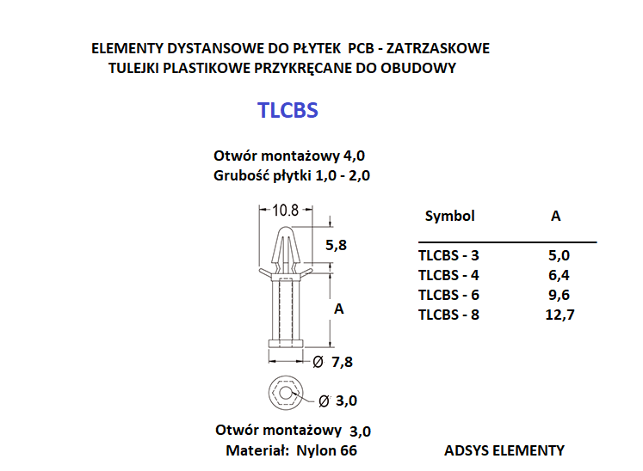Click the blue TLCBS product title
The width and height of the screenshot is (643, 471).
click(x=287, y=110)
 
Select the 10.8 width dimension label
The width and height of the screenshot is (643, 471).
click(x=286, y=211)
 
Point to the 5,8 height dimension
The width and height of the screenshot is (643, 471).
click(x=336, y=245)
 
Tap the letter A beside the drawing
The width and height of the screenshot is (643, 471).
click(x=339, y=309)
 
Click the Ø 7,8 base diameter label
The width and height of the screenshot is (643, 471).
click(x=332, y=362)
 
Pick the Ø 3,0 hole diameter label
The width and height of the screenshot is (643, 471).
click(x=338, y=401)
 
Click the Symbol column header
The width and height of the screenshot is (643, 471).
click(x=450, y=217)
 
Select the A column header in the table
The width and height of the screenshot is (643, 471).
click(x=556, y=216)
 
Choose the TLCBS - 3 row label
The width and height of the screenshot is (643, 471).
click(x=448, y=255)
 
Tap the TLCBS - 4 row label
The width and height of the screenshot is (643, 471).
click(x=448, y=275)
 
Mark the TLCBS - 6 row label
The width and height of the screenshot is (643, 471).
click(x=448, y=295)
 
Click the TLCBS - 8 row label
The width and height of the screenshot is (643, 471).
click(x=448, y=315)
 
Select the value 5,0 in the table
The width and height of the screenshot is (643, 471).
click(x=559, y=255)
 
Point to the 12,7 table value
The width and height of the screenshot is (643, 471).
click(x=560, y=315)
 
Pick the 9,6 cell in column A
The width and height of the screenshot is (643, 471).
click(x=559, y=295)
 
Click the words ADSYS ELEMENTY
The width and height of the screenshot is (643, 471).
click(x=504, y=450)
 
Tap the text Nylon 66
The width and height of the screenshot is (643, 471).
click(x=326, y=450)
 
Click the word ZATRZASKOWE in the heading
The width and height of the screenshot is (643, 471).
click(x=438, y=48)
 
